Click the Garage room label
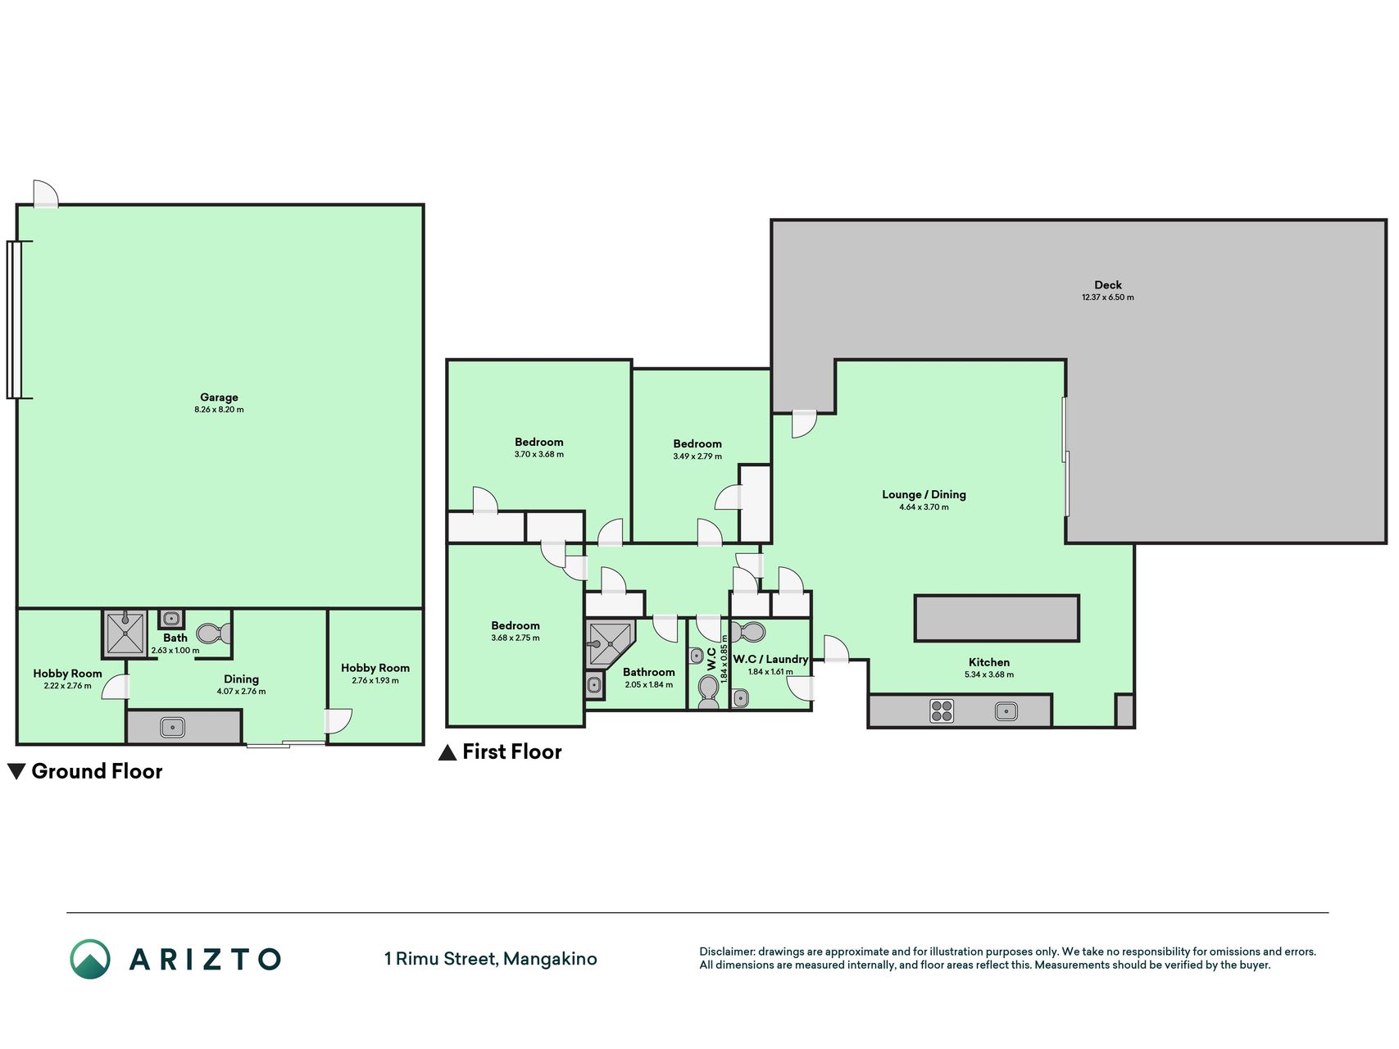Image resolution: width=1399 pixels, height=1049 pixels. pos(219,397)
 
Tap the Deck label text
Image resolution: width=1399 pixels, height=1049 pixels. pos(1108,285)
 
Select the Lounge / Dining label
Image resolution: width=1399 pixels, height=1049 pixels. pos(924,494)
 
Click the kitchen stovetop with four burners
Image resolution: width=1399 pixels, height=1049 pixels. pos(942,711)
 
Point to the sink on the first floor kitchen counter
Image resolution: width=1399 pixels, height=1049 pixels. pos(1006,711)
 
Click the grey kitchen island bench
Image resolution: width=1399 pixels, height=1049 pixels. pos(997,618)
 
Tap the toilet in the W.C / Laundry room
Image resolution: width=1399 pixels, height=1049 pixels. pos(747,632)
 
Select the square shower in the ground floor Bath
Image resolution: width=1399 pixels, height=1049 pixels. pos(125,633)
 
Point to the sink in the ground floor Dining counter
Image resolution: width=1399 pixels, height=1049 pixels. pos(172,727)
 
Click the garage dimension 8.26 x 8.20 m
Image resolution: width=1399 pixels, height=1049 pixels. pos(219,410)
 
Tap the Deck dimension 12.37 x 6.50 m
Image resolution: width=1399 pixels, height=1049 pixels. pos(1108,297)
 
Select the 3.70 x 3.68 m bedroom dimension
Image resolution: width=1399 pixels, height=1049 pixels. pos(539,454)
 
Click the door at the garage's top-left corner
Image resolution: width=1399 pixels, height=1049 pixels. pos(46,194)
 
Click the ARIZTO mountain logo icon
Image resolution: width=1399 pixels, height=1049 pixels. pos(90,959)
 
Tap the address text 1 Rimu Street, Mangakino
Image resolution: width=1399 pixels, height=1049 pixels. pos(491,959)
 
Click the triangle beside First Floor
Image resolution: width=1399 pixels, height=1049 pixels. pos(447,752)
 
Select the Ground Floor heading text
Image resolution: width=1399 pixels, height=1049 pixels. pos(97,771)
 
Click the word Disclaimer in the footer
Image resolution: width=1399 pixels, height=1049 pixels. pos(727,951)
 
